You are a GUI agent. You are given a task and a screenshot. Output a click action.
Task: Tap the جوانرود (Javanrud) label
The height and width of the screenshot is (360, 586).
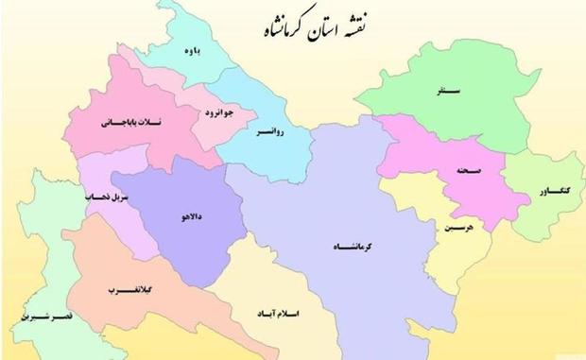click(x=216, y=113)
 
